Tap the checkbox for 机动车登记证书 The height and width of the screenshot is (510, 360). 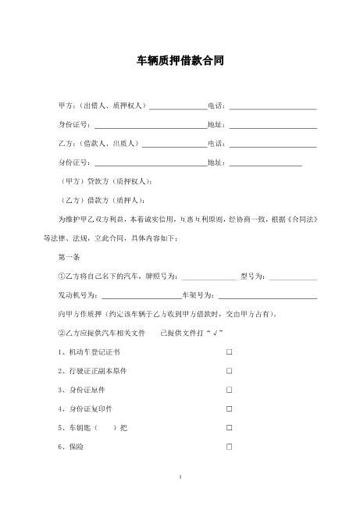[229, 352]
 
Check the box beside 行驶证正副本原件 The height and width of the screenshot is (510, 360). [229, 371]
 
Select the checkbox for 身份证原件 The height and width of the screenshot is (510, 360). [229, 390]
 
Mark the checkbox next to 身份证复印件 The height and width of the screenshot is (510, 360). [229, 408]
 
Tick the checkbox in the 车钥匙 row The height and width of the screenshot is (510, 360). [229, 428]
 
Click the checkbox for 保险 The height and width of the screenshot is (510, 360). [229, 447]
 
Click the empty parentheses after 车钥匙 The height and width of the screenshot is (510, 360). [106, 428]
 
